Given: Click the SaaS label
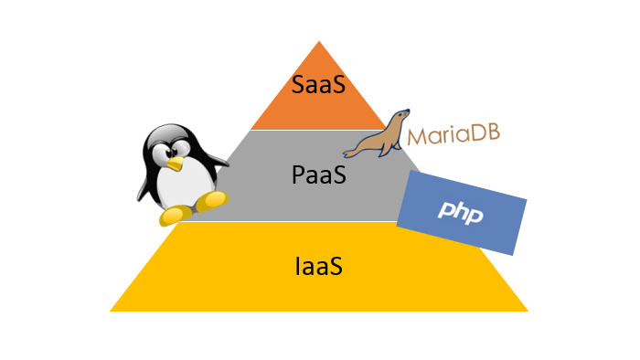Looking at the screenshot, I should pyautogui.click(x=318, y=85).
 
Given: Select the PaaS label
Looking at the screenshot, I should pyautogui.click(x=318, y=174).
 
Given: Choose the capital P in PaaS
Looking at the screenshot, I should pyautogui.click(x=298, y=174).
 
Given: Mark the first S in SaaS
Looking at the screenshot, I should pyautogui.click(x=299, y=85).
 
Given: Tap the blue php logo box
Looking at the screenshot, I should pyautogui.click(x=464, y=213).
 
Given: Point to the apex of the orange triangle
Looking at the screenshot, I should pyautogui.click(x=318, y=42).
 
